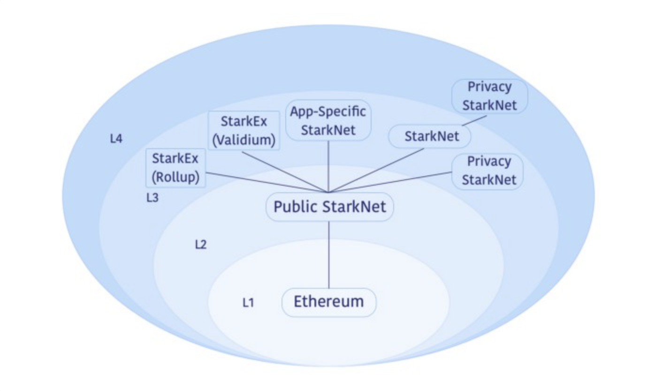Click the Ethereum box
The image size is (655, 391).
click(x=328, y=302)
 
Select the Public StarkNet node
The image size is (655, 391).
click(x=329, y=207)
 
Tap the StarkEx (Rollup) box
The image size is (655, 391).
click(x=175, y=168)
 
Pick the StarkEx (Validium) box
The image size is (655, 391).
click(x=244, y=131)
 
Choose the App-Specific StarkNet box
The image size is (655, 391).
click(x=328, y=120)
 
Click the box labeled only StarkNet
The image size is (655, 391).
click(x=430, y=136)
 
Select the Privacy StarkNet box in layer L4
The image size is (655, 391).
click(x=489, y=96)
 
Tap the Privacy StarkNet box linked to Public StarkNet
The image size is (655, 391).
click(x=487, y=171)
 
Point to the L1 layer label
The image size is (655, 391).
click(x=248, y=303)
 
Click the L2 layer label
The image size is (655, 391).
click(x=201, y=245)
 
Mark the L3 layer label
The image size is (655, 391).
click(x=152, y=198)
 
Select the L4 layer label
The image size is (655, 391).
click(x=116, y=139)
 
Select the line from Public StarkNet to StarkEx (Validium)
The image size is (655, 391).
click(x=286, y=171)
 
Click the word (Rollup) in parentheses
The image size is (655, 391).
click(x=175, y=178)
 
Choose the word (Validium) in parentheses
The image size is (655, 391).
click(x=244, y=141)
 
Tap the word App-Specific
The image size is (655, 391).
click(x=328, y=112)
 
